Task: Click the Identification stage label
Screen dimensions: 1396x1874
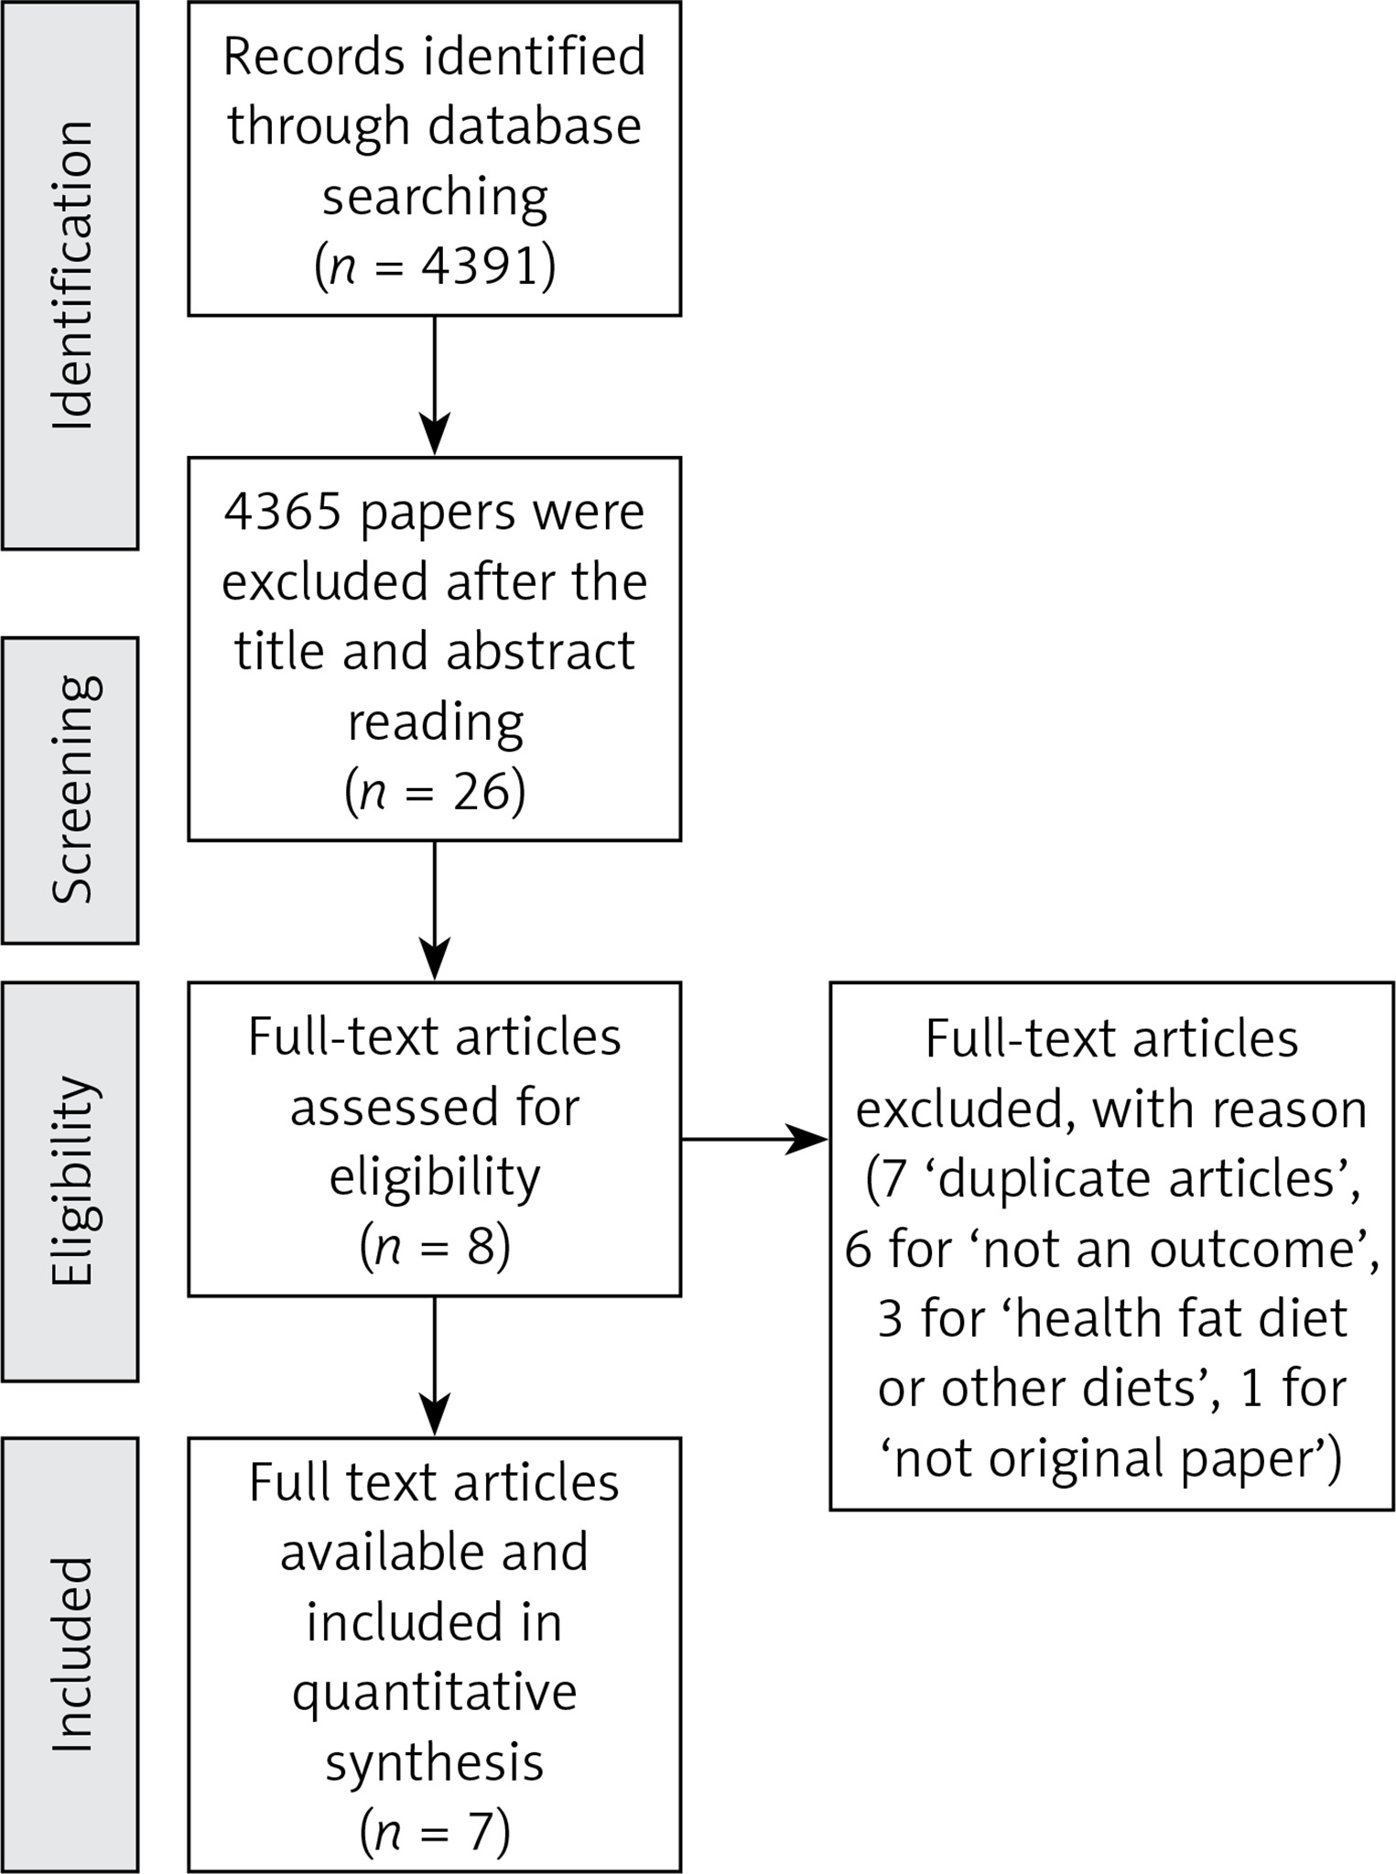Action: click(x=72, y=274)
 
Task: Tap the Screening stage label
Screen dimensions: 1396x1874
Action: click(x=72, y=789)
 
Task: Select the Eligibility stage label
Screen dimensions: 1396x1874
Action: click(x=72, y=1181)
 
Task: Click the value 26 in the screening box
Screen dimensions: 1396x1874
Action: click(x=480, y=791)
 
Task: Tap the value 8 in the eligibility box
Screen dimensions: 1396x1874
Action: click(x=481, y=1246)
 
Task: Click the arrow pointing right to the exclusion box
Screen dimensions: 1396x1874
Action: click(x=754, y=1140)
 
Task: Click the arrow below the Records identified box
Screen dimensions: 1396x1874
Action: click(x=435, y=385)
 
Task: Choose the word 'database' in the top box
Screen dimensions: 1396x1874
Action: click(x=536, y=125)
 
